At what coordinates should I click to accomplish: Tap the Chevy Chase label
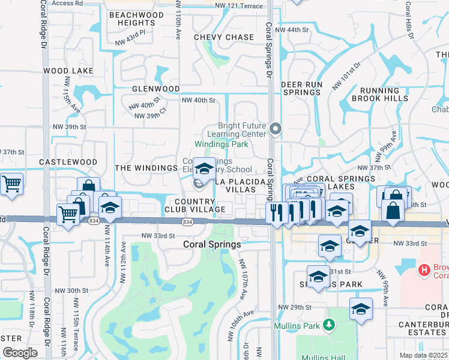coord(224,37)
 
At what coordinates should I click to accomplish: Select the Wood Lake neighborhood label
coord(68,71)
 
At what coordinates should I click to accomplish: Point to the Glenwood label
coord(156,89)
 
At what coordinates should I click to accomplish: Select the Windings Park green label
coord(220,145)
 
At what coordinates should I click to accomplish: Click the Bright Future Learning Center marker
coord(276,128)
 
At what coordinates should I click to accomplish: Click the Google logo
coord(20,353)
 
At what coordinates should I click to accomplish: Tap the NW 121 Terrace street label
coord(238,5)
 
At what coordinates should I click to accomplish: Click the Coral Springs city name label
coord(212,245)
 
